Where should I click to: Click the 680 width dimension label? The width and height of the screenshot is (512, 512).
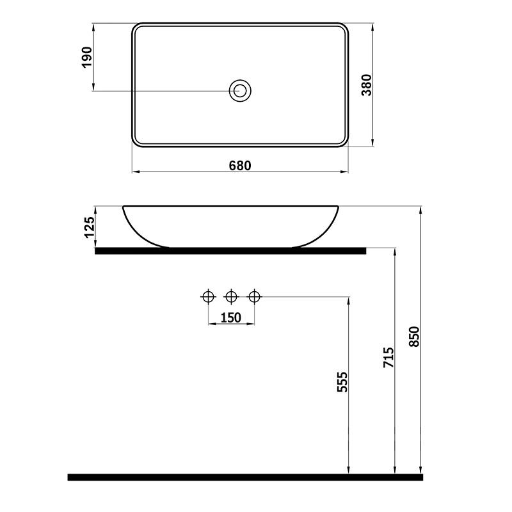[240, 166]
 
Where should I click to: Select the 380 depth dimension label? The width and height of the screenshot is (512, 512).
[367, 85]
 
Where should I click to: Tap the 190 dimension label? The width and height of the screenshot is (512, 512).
[87, 57]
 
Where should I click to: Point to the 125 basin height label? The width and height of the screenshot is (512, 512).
[89, 227]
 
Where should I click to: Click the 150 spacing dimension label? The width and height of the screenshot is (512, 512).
[231, 317]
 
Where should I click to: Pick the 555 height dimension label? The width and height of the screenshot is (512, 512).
[342, 381]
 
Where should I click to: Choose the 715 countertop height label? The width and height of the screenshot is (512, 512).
[388, 357]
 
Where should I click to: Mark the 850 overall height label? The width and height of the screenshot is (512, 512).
[413, 337]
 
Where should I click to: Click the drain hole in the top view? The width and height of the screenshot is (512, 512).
[240, 91]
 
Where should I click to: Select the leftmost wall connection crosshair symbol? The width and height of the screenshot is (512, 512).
[208, 296]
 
